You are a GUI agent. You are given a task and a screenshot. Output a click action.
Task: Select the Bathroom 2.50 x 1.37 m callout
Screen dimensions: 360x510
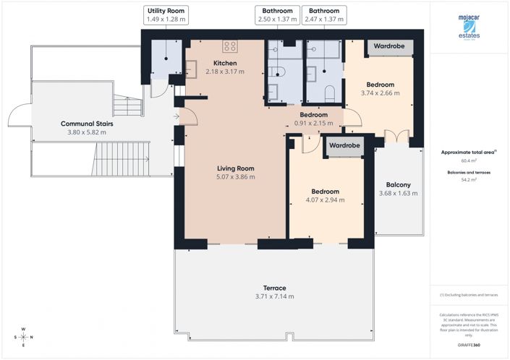[x=279, y=16]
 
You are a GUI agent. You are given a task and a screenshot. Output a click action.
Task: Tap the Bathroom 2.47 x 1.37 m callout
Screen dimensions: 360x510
[x=323, y=16]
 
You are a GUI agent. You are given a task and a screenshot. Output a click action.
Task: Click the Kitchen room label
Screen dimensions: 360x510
[x=224, y=67]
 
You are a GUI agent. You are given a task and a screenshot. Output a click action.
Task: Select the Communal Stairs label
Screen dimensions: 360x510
[x=86, y=128]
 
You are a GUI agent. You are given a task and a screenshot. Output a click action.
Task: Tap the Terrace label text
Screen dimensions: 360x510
[x=274, y=292]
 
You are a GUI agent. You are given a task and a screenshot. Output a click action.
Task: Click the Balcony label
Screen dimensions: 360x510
[x=398, y=189]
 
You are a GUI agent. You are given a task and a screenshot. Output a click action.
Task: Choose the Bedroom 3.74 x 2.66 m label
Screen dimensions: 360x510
[x=380, y=88]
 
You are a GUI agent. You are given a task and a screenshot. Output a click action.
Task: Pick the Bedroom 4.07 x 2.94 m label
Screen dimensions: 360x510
[x=325, y=196]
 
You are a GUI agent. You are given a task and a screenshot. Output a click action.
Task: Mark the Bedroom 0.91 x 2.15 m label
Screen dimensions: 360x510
[x=314, y=119]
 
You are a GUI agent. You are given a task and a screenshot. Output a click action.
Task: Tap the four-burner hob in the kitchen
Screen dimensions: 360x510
[x=231, y=46]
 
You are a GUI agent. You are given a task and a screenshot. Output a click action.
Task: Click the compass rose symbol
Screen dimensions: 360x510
[x=23, y=337]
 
